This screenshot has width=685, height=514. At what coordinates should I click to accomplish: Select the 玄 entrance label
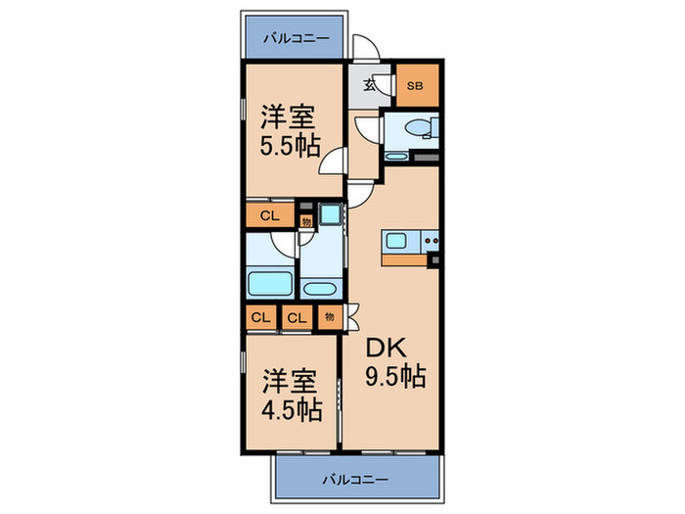[370, 85]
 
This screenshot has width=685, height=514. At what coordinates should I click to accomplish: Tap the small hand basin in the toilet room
[396, 156]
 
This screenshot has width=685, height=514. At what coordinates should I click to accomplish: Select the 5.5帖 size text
[289, 151]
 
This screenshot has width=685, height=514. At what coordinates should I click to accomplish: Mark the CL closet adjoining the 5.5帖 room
[267, 215]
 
